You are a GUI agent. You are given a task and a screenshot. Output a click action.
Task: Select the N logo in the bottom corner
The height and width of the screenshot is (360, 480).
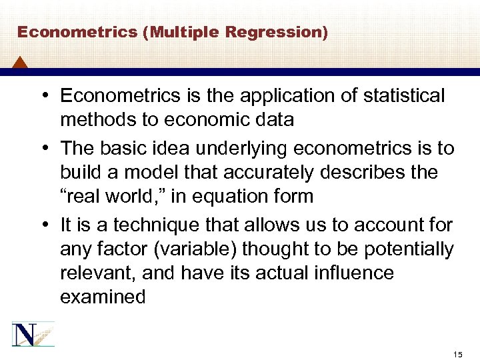click(x=33, y=334)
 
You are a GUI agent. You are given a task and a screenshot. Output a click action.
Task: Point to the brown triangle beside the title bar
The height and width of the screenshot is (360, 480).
click(x=20, y=63)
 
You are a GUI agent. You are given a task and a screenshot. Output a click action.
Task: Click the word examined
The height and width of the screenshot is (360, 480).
click(x=103, y=297)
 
